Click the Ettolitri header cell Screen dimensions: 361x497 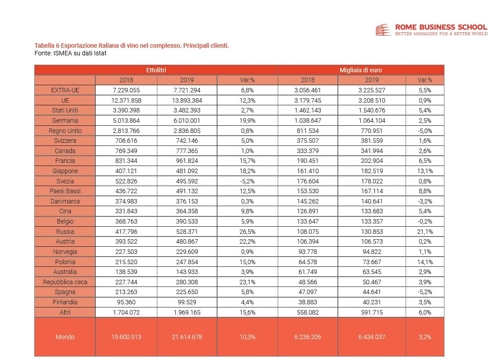click(156, 70)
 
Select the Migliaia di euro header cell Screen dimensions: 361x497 click(361, 70)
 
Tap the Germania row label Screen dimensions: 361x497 click(65, 120)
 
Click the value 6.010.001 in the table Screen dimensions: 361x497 click(187, 120)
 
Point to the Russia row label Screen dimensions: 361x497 click(65, 232)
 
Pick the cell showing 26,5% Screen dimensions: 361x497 click(247, 232)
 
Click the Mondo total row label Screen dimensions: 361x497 click(65, 337)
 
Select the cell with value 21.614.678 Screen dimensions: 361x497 click(187, 337)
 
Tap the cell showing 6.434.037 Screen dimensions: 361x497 click(371, 337)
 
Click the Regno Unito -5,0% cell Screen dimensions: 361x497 click(424, 131)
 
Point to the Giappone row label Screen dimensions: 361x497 click(65, 171)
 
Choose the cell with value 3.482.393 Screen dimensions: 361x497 click(187, 110)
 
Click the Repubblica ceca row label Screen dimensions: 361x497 click(65, 282)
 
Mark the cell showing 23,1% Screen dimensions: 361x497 click(247, 282)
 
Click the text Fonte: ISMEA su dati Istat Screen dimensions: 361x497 click(70, 53)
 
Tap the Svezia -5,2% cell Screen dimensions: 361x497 click(247, 181)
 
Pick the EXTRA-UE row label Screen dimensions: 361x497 click(65, 90)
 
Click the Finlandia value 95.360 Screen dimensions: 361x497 click(126, 302)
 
